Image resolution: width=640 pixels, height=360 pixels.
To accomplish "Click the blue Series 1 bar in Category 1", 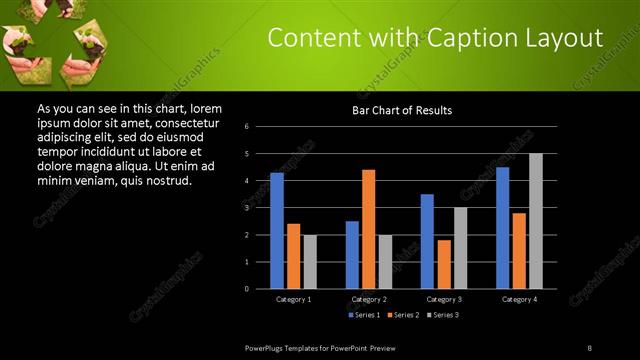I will (x=276, y=231).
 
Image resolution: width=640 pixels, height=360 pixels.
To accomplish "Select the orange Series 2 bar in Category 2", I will (x=368, y=229).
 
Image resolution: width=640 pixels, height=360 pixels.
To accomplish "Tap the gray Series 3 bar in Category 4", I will (x=535, y=221).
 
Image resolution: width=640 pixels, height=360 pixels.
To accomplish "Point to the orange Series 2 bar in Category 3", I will (x=443, y=264).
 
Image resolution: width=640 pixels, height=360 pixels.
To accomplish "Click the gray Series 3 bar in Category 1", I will (x=309, y=262).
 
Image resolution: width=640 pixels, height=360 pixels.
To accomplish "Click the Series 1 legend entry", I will (x=365, y=315).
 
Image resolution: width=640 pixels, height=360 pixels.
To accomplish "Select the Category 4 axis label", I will (x=518, y=299).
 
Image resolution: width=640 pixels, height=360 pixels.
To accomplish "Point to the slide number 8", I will (x=590, y=347).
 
